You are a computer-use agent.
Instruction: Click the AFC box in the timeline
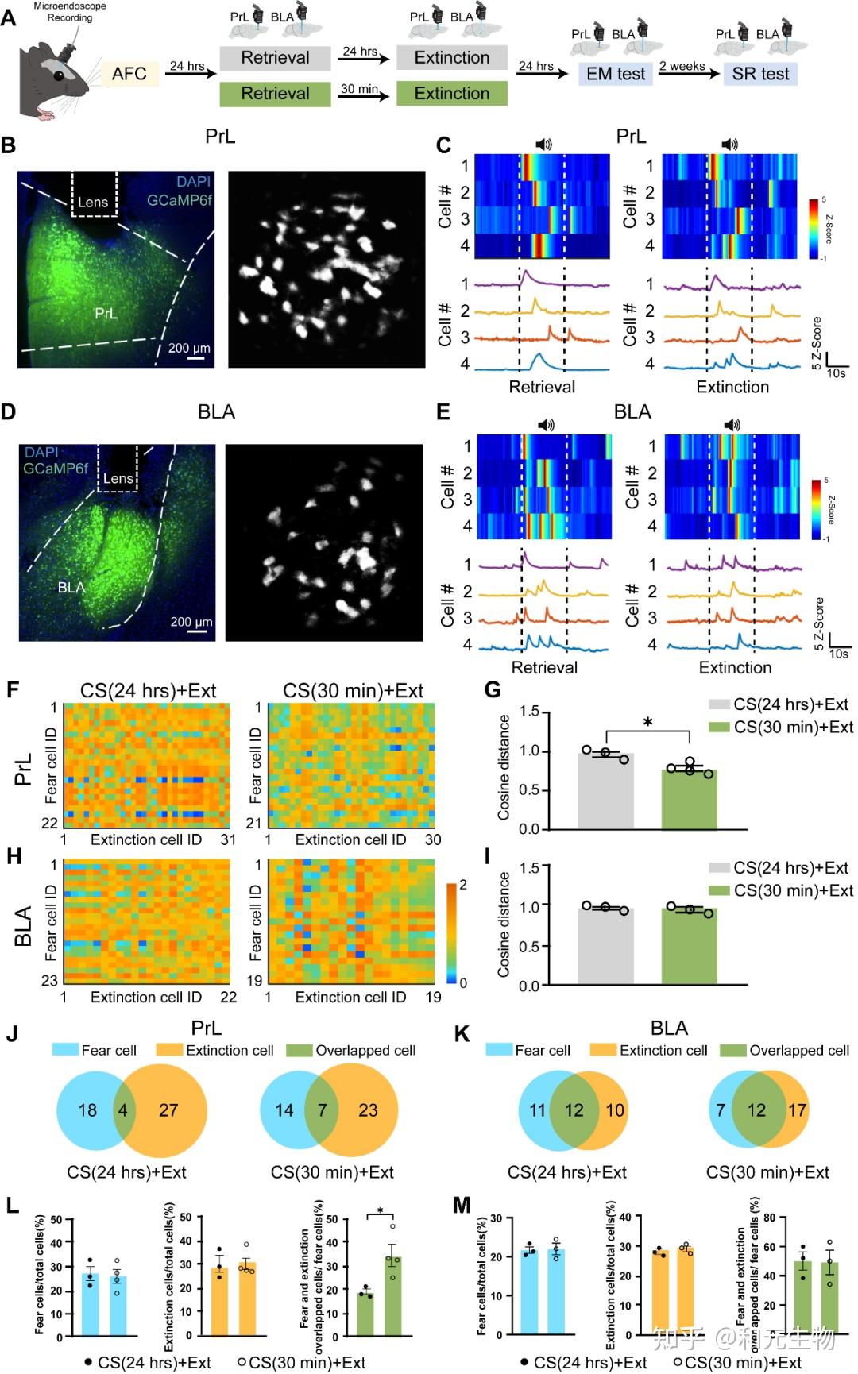[129, 74]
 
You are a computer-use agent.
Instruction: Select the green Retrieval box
[275, 94]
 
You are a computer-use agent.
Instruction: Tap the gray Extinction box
[451, 58]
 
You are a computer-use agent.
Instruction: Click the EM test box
[615, 74]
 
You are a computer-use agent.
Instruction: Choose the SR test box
[760, 74]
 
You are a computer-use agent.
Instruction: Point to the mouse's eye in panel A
[60, 75]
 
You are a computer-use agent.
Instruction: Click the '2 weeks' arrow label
[682, 66]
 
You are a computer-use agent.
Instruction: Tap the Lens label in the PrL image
[93, 203]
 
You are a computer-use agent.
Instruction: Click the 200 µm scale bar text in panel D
[191, 622]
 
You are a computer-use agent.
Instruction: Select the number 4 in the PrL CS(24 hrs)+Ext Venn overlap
[123, 1110]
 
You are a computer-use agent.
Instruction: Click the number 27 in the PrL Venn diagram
[168, 1110]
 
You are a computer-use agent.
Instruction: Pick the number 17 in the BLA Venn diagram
[797, 1110]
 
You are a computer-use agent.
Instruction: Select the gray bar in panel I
[605, 946]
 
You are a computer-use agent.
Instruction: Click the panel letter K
[461, 1034]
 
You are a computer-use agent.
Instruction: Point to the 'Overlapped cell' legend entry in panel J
[365, 1050]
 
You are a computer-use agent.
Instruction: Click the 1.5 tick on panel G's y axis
[530, 712]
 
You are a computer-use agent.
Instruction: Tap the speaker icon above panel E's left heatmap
[547, 425]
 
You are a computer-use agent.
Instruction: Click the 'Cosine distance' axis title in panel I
[504, 924]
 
